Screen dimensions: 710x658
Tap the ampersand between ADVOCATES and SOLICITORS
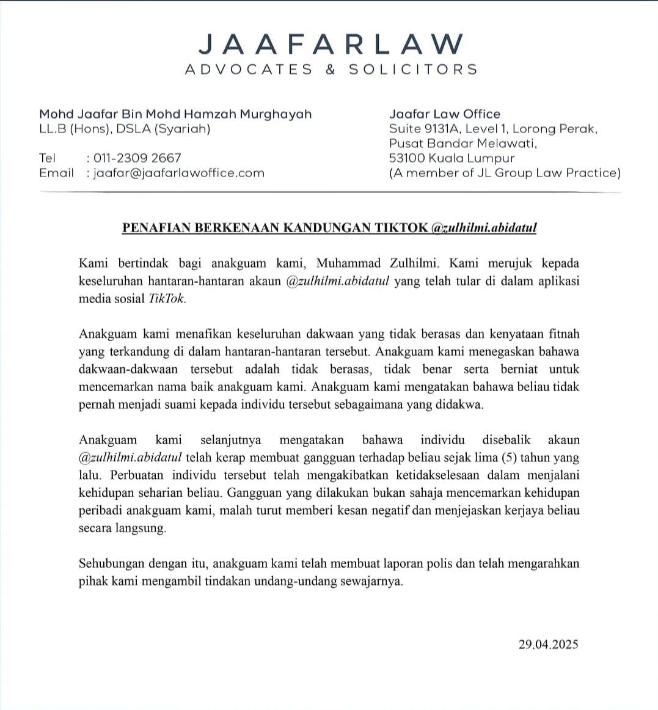tap(331, 70)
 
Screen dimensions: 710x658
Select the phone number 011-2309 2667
tap(137, 158)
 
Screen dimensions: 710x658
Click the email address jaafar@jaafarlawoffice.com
tap(178, 173)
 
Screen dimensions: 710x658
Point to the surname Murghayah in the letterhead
tap(276, 114)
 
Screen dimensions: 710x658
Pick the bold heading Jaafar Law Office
tap(444, 114)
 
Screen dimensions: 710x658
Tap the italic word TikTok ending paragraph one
tap(166, 299)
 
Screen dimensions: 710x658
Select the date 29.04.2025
tap(548, 644)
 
